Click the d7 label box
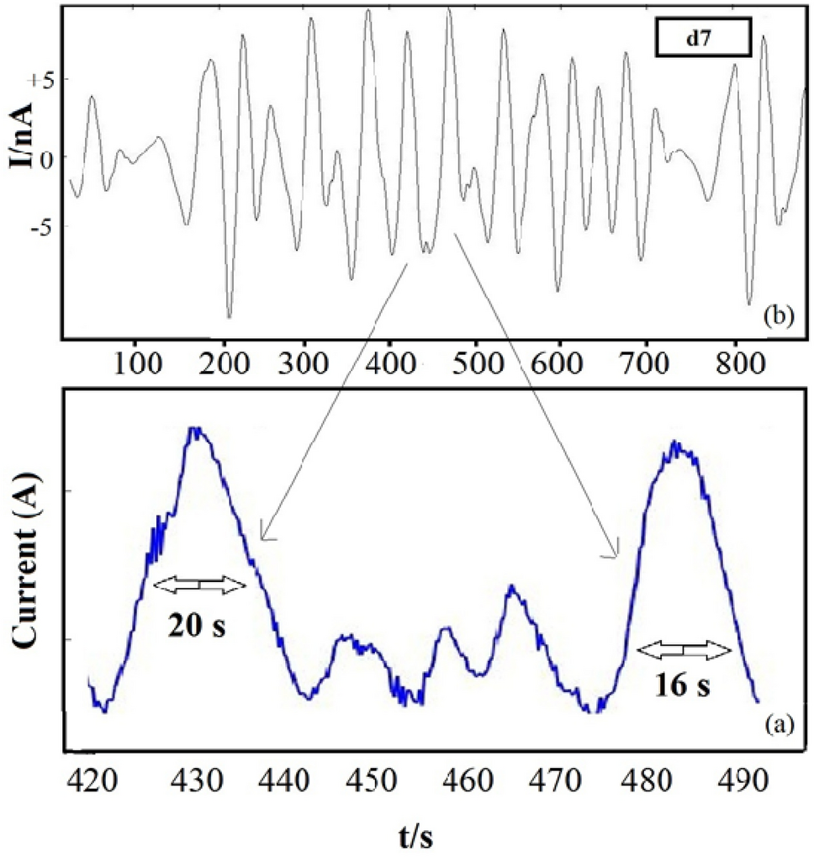[x=697, y=40]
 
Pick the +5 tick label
[x=42, y=81]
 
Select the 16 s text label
[x=683, y=685]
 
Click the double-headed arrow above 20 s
[x=199, y=583]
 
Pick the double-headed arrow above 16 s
[x=683, y=649]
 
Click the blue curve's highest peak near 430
[x=196, y=430]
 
